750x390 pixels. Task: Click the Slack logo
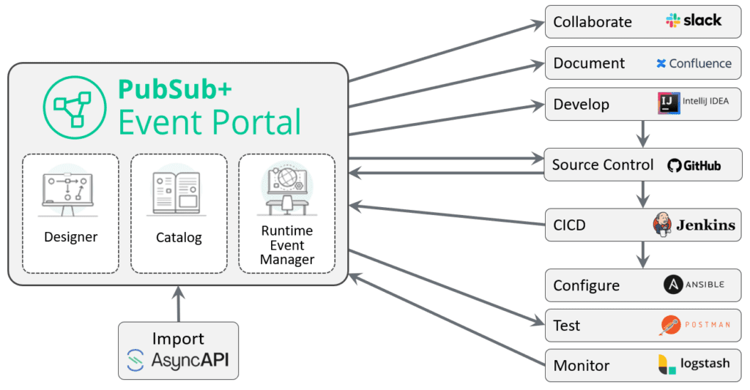(693, 20)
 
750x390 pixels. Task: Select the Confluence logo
(693, 63)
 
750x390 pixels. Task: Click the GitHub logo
(694, 165)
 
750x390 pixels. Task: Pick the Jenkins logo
(693, 225)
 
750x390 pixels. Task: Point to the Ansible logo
(693, 285)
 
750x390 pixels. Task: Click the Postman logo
(693, 325)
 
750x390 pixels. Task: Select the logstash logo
(693, 364)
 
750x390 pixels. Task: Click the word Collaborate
(592, 22)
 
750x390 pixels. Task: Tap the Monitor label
(581, 365)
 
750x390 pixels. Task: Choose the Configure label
(586, 285)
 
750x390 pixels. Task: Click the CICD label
(569, 225)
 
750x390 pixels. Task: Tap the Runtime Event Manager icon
(286, 190)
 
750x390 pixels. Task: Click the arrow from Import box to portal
(178, 303)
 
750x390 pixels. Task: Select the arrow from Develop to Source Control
(643, 133)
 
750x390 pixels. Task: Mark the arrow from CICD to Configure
(643, 254)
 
